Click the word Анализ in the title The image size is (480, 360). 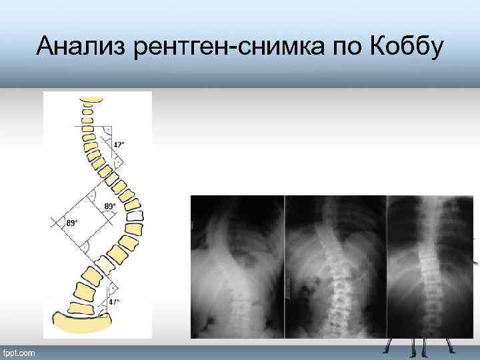pos(73,46)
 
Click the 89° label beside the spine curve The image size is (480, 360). pos(110,207)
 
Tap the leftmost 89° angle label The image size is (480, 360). pos(72,222)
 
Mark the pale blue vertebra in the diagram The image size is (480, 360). pos(136,217)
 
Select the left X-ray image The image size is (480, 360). pos(237,267)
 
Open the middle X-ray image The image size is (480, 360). pos(335,267)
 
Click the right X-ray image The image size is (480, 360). pos(430,267)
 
